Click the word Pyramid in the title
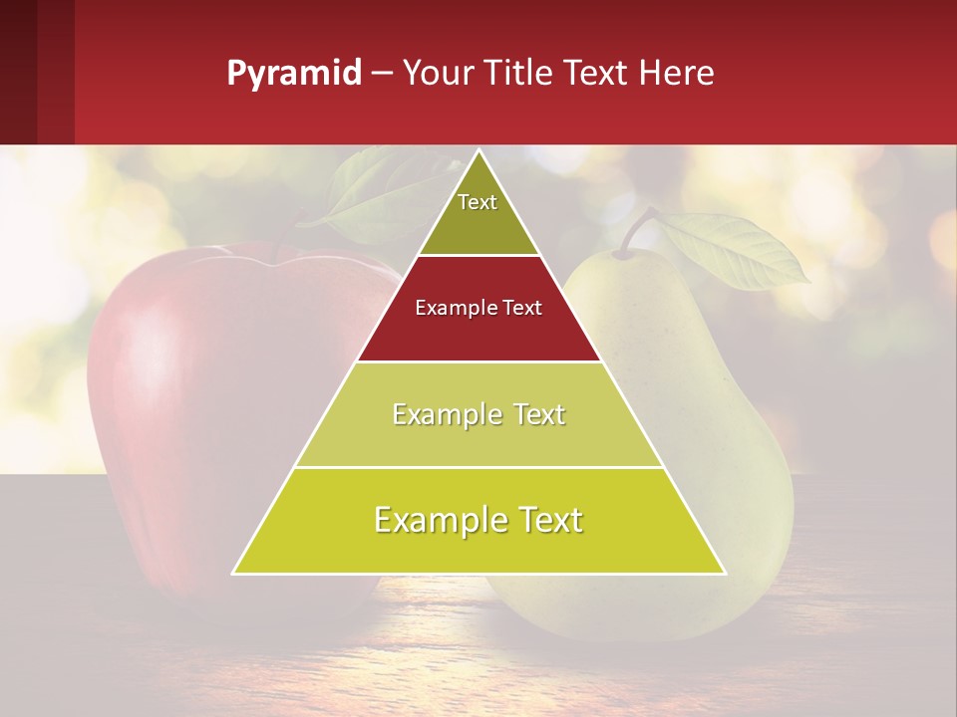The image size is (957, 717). coord(293,74)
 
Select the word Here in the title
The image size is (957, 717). coord(677,74)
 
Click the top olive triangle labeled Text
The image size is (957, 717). coord(478,214)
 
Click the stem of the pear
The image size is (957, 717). coord(638,229)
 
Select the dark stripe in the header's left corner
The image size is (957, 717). coord(18,72)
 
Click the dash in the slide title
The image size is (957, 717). coord(382,74)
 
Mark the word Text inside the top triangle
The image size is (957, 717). coord(478,202)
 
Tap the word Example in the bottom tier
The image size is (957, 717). coord(433,520)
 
